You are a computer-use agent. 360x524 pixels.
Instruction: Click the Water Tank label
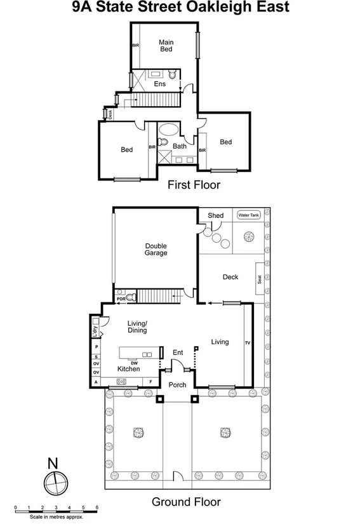(248, 215)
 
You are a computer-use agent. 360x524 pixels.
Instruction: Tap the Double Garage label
(156, 249)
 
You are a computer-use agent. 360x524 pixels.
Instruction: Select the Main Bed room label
(166, 46)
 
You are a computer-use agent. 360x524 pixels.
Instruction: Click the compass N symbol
(53, 462)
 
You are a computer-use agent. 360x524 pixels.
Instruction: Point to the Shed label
(215, 215)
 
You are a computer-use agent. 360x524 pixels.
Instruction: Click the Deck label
(230, 277)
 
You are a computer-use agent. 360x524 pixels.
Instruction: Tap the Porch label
(177, 385)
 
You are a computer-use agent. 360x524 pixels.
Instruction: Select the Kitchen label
(128, 369)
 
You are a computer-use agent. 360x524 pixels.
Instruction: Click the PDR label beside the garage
(121, 298)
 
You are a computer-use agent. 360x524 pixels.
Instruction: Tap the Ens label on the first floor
(159, 84)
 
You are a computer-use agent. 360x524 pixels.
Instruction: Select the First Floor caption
(194, 185)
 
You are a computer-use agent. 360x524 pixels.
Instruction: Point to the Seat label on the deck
(260, 278)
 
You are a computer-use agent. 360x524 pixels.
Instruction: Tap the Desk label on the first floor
(110, 114)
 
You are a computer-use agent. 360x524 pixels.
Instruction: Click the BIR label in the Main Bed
(135, 46)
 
